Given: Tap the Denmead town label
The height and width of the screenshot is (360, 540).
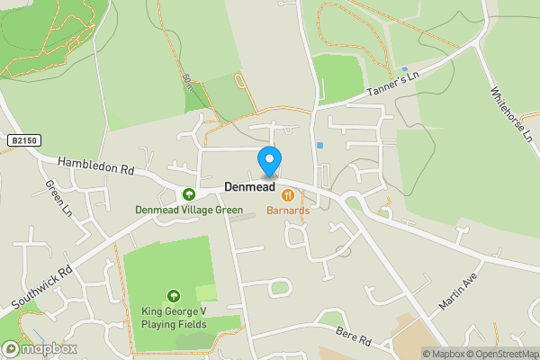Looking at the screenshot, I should pyautogui.click(x=249, y=188).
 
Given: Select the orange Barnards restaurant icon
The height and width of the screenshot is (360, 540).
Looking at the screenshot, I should pyautogui.click(x=288, y=194).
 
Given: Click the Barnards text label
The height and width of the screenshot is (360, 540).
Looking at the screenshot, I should pyautogui.click(x=288, y=211).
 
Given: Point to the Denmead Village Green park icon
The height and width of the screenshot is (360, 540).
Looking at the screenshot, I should pyautogui.click(x=189, y=194).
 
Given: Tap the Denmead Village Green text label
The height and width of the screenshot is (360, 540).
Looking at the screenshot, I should pyautogui.click(x=189, y=211).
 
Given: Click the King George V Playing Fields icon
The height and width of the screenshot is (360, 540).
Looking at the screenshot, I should pyautogui.click(x=173, y=295).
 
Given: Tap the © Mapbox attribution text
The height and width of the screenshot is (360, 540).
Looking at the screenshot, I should pyautogui.click(x=445, y=354).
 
